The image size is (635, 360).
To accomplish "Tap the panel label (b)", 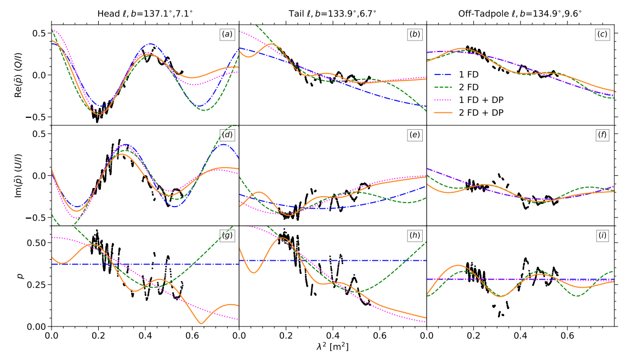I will (415, 34).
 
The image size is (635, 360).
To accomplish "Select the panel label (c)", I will (602, 34).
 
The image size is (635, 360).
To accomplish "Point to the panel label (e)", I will (415, 135).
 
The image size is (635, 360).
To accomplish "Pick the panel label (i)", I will (602, 236).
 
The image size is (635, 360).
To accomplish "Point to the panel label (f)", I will (602, 135).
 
